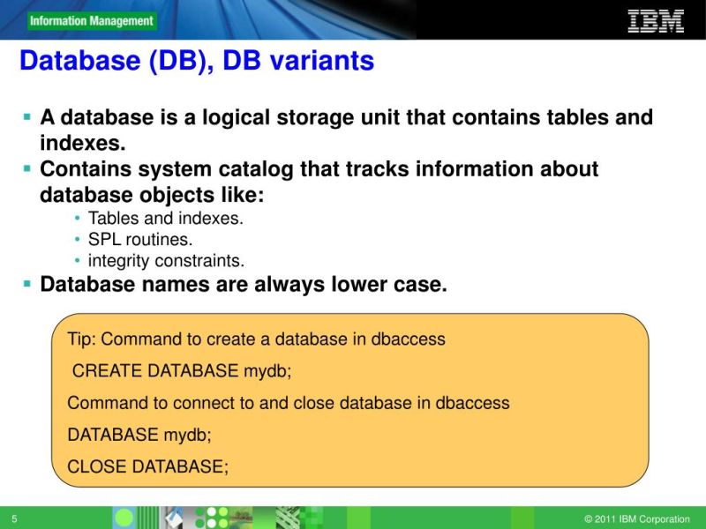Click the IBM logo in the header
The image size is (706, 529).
(656, 20)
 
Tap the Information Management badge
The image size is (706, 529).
(90, 21)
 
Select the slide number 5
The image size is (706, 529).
(15, 518)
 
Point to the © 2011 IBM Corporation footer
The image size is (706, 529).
(636, 519)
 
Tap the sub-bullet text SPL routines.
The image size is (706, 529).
(139, 239)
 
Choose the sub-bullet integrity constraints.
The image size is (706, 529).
(166, 261)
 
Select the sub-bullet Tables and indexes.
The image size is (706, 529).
(165, 218)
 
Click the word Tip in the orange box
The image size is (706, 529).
(81, 339)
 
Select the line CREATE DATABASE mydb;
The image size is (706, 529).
(182, 371)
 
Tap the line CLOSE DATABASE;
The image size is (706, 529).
(147, 467)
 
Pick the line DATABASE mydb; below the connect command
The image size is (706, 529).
(139, 435)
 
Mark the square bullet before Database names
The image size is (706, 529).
(27, 284)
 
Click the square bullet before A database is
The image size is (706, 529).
(27, 116)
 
